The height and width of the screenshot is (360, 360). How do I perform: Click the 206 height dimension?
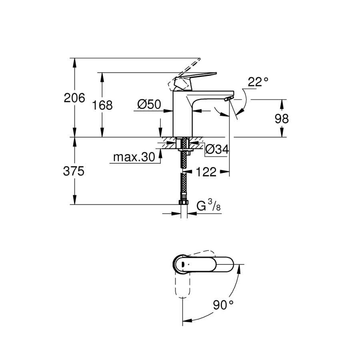click(x=74, y=98)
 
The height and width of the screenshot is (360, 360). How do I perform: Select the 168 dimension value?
click(x=102, y=105)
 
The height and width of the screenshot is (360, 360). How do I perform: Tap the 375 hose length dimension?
click(x=74, y=171)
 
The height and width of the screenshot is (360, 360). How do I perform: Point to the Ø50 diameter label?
click(x=149, y=104)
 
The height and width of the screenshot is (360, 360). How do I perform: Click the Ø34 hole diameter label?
click(x=217, y=150)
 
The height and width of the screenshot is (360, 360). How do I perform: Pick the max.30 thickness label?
click(x=134, y=157)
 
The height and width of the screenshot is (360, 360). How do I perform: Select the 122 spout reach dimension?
click(x=206, y=172)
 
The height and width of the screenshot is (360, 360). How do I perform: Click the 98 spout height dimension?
click(x=282, y=119)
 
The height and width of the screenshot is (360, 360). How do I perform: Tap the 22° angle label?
click(x=258, y=82)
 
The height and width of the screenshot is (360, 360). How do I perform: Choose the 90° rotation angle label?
click(x=223, y=305)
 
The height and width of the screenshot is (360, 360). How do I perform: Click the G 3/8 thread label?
click(x=208, y=205)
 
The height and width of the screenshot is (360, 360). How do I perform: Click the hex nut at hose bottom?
click(x=183, y=202)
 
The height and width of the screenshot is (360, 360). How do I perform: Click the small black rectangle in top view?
click(x=183, y=265)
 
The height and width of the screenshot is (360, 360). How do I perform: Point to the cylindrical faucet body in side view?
click(x=182, y=114)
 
